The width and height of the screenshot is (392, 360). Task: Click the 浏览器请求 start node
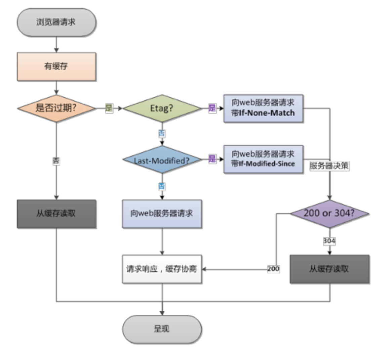click(56, 22)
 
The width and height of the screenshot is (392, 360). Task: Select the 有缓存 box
click(56, 66)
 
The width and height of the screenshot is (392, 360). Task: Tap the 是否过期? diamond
click(56, 108)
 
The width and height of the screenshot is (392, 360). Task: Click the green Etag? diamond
click(162, 108)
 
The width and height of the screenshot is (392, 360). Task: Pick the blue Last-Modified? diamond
click(162, 160)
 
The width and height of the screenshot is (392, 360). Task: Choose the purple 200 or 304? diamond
click(329, 214)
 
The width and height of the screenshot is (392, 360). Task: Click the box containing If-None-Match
click(264, 108)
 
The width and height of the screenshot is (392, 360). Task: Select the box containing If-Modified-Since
click(264, 159)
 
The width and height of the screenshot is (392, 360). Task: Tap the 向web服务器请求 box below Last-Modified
click(162, 214)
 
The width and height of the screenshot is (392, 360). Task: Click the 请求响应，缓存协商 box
click(162, 269)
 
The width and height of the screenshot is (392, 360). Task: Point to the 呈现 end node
click(162, 329)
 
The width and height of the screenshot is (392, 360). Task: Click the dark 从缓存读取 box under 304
click(329, 269)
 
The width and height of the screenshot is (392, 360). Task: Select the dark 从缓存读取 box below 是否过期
click(56, 214)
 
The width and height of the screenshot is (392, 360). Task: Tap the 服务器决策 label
click(329, 166)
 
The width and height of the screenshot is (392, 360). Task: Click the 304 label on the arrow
click(329, 241)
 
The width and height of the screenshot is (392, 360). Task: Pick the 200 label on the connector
click(273, 269)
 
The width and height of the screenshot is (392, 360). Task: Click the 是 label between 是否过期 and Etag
click(109, 108)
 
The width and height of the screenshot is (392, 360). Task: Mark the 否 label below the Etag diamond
click(162, 134)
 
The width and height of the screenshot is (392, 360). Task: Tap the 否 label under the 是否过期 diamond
click(56, 161)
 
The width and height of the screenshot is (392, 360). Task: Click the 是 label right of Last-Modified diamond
click(212, 159)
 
